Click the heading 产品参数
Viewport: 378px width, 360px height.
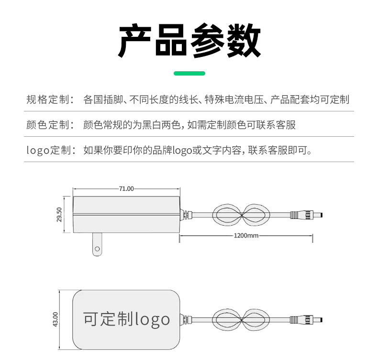pyautogui.click(x=189, y=41)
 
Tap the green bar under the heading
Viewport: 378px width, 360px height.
pyautogui.click(x=189, y=73)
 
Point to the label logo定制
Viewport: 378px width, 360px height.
pyautogui.click(x=50, y=150)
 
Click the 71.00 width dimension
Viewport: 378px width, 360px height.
pyautogui.click(x=126, y=188)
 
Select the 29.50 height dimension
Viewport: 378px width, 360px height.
pyautogui.click(x=59, y=215)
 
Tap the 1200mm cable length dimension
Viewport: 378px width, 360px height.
pyautogui.click(x=246, y=235)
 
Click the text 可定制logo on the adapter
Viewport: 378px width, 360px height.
pyautogui.click(x=126, y=319)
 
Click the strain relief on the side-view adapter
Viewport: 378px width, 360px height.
pyautogui.click(x=187, y=214)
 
